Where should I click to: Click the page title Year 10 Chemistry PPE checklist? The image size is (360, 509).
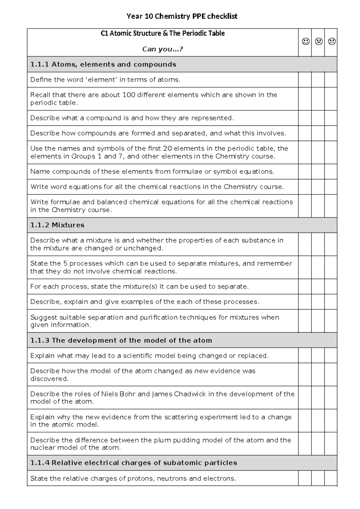[182, 16]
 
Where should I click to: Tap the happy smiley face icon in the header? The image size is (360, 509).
[305, 41]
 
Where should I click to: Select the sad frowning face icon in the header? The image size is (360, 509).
[331, 41]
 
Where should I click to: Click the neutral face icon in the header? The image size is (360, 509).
[319, 41]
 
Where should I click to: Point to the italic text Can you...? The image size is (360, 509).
[162, 49]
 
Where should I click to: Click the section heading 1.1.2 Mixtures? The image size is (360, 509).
[57, 225]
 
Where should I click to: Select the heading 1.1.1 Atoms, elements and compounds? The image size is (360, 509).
[103, 65]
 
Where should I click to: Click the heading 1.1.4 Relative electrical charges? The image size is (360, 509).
[134, 463]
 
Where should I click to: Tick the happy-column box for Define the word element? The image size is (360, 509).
[305, 80]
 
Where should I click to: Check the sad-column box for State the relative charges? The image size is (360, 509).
[331, 478]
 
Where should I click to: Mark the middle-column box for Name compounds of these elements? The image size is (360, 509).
[318, 172]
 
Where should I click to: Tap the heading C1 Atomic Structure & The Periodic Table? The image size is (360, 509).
[163, 33]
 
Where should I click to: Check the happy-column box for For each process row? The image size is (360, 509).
[305, 287]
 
